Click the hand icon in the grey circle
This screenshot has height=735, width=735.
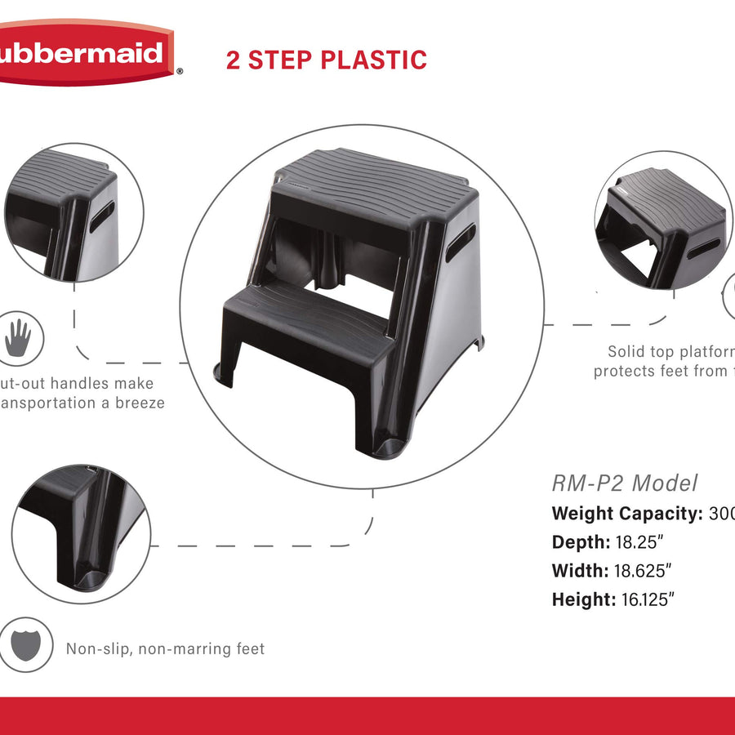(18, 338)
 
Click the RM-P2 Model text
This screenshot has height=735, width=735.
(625, 483)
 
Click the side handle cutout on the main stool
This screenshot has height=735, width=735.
(460, 243)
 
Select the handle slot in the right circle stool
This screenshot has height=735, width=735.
(703, 247)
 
